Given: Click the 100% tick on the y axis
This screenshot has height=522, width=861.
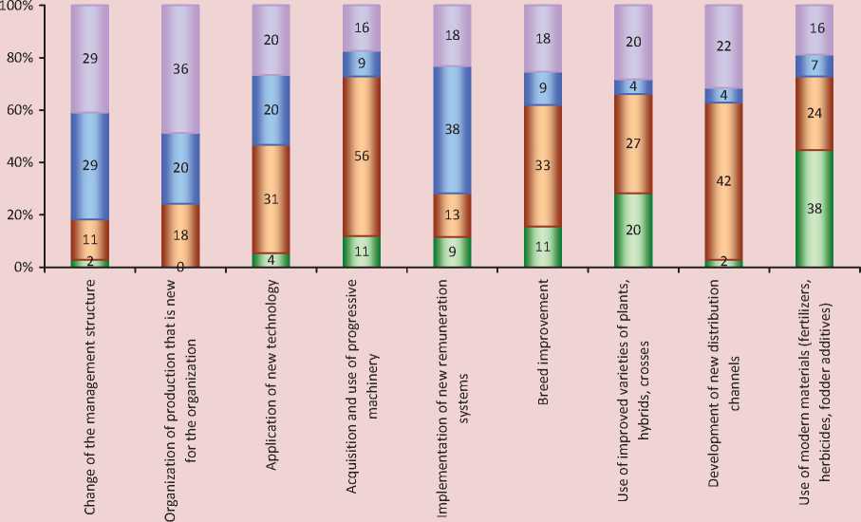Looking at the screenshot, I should [x=19, y=7].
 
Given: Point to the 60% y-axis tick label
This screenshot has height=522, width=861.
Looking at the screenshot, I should [x=22, y=111].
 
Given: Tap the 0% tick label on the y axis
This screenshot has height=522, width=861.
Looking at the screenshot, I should [x=25, y=268].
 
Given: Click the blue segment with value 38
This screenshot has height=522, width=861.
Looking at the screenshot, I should [x=452, y=130].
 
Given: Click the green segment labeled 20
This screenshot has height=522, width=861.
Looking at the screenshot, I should [x=634, y=231].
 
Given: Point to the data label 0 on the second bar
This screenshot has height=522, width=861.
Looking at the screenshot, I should [x=179, y=267].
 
